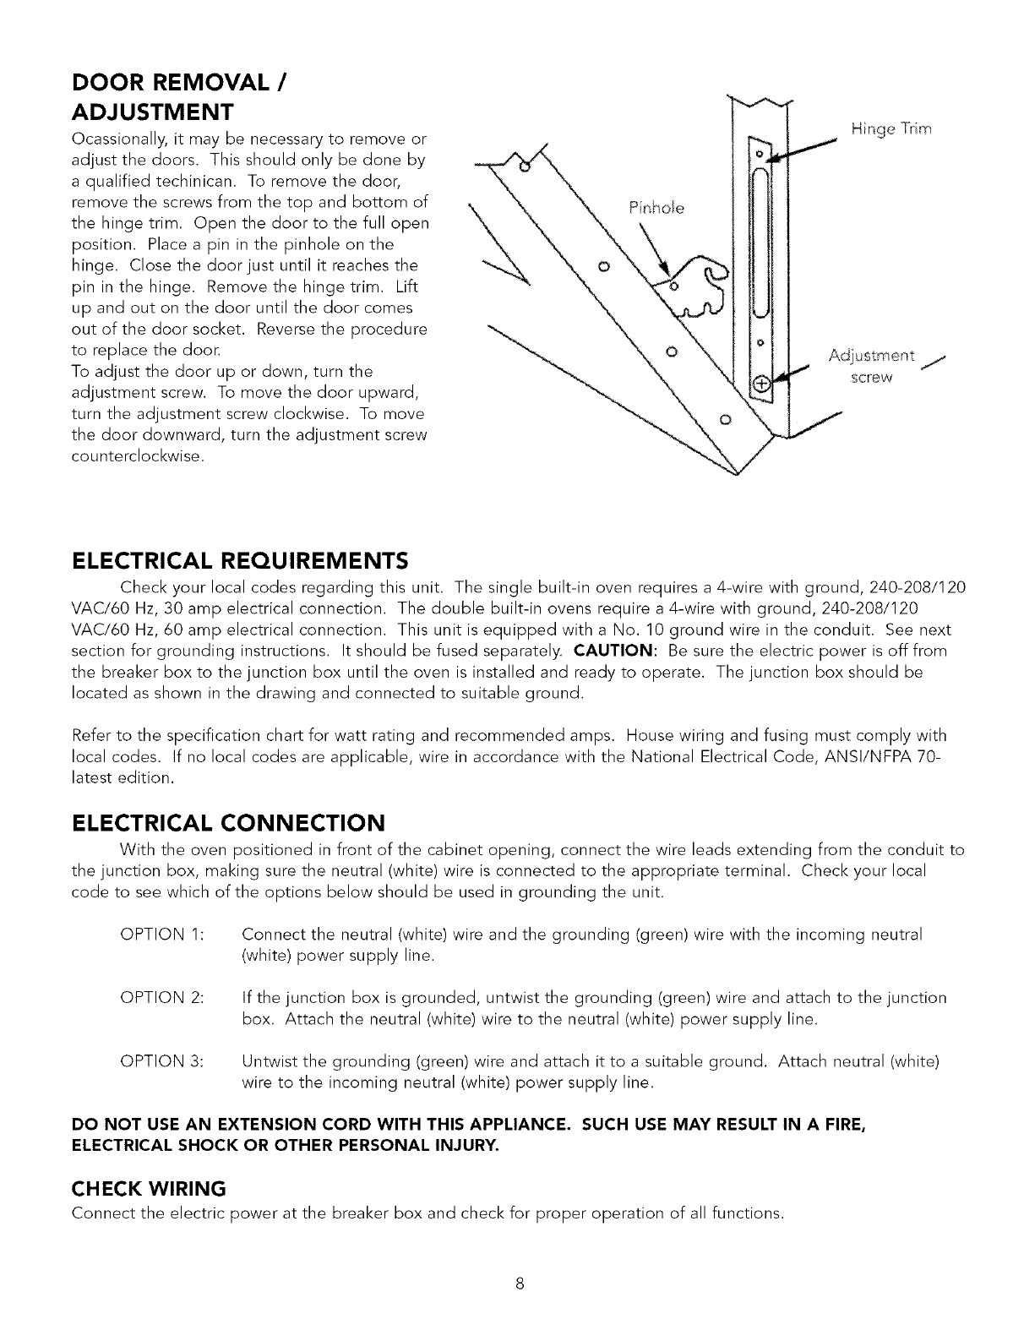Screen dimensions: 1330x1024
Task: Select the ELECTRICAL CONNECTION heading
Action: pos(229,822)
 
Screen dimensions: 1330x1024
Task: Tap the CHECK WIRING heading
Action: pos(149,1189)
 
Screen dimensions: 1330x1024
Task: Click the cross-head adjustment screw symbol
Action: pos(763,384)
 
